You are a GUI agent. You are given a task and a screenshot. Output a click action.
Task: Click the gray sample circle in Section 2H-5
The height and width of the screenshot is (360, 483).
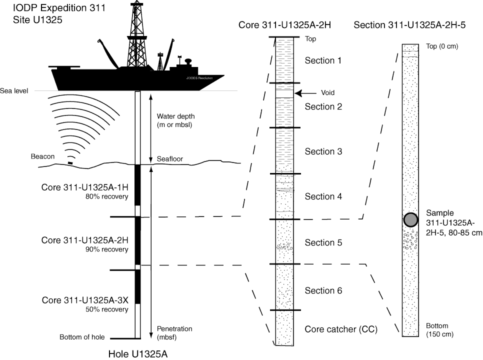click(410, 219)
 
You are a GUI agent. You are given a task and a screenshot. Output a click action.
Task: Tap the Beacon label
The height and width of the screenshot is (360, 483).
click(42, 156)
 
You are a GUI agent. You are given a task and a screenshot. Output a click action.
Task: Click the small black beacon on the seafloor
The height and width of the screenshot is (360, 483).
click(70, 162)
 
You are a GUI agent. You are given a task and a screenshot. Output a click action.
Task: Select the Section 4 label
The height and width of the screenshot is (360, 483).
click(323, 196)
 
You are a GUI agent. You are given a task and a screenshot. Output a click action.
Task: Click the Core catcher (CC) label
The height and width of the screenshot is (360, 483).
click(340, 329)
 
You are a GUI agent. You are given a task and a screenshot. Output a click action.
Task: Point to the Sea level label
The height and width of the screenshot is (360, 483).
click(14, 91)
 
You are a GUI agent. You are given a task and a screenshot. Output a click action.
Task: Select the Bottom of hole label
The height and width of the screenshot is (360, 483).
click(82, 337)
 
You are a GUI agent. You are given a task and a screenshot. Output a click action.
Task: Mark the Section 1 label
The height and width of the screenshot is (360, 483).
click(323, 60)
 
